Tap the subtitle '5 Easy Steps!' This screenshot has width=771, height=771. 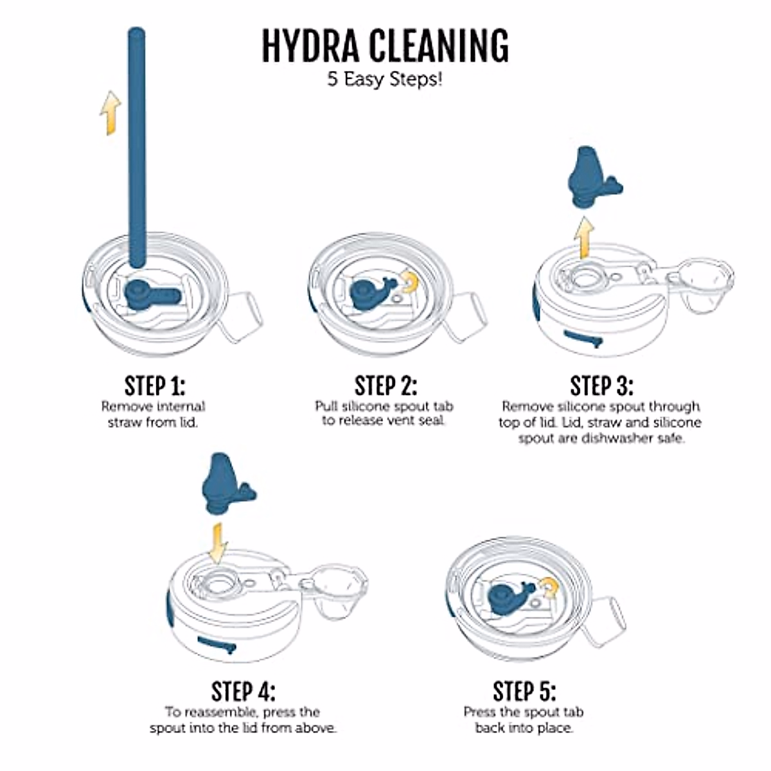point(385,80)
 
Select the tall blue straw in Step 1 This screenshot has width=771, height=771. point(136,148)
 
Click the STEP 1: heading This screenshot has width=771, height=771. point(154,386)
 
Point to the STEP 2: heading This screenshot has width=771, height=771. point(385,386)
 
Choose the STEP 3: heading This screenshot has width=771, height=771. point(601,386)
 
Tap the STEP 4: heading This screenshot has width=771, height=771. point(243,692)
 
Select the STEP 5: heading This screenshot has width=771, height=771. point(524,692)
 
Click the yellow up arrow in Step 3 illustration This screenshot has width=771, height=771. point(584,237)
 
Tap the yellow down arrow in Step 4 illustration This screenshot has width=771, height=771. point(218,541)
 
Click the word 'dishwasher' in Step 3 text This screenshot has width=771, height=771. point(626,439)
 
